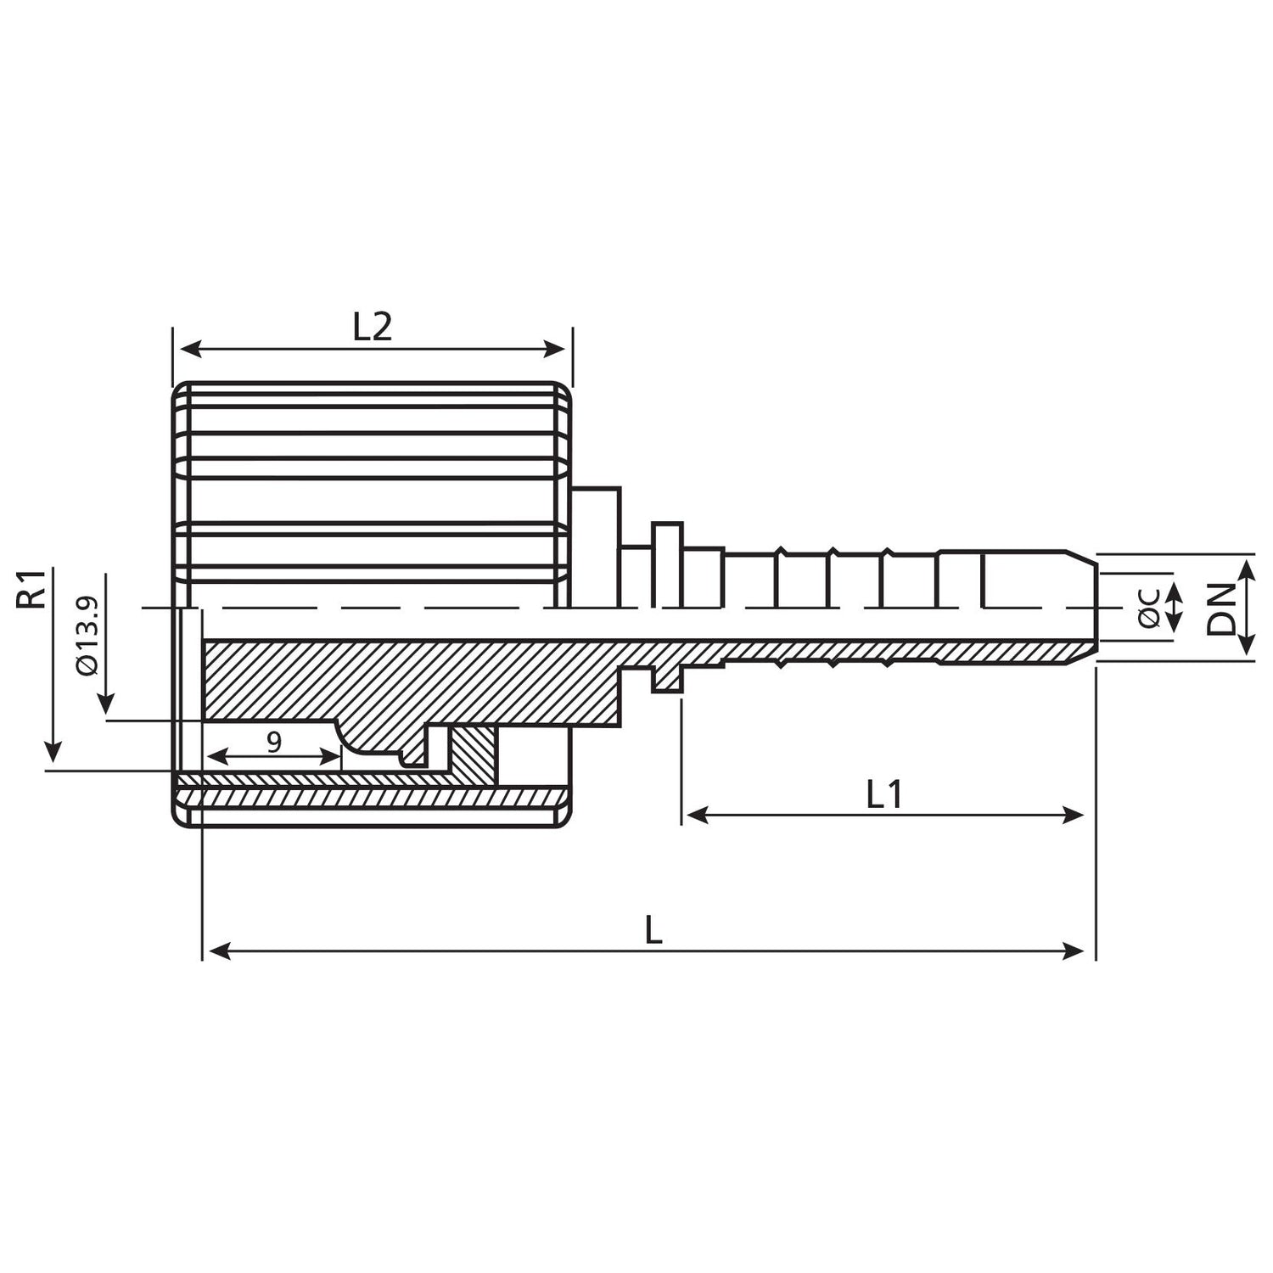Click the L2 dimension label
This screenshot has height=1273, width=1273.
373,327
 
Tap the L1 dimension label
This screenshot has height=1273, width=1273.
883,794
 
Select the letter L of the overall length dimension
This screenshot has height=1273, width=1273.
653,930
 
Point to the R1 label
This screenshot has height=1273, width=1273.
32,589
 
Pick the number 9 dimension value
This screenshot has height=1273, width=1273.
273,743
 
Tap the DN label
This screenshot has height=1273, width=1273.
1223,608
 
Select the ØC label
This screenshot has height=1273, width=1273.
1150,608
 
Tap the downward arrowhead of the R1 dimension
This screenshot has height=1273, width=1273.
53,752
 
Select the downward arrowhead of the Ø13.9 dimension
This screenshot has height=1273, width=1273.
107,704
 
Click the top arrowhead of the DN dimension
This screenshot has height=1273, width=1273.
1247,567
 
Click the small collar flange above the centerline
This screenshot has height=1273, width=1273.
667,564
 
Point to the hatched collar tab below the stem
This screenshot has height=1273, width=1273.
668,678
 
